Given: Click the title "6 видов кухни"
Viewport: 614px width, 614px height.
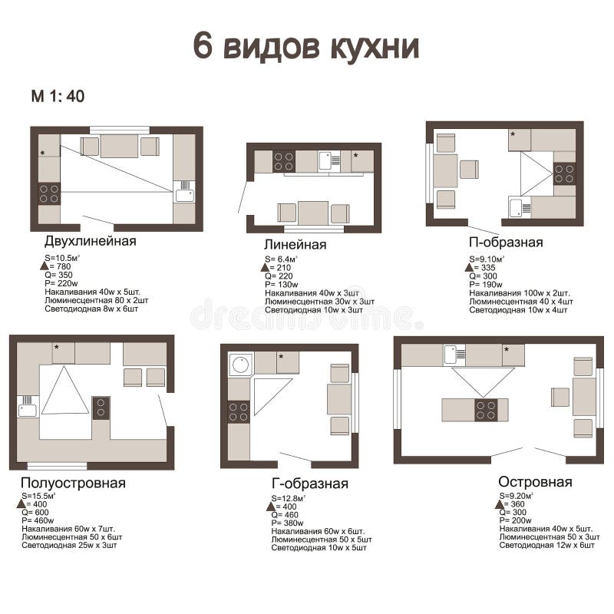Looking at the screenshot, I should pyautogui.click(x=306, y=48).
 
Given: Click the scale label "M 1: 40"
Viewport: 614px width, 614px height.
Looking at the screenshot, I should pyautogui.click(x=58, y=97).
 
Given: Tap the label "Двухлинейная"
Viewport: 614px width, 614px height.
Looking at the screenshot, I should pyautogui.click(x=90, y=241).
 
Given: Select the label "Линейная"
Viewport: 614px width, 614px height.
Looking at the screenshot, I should pyautogui.click(x=295, y=245).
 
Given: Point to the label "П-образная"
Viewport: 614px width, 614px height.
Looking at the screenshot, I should pyautogui.click(x=507, y=243).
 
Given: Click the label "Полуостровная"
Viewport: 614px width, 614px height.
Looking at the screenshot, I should pyautogui.click(x=73, y=483).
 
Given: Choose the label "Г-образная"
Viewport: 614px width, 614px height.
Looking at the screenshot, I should pyautogui.click(x=310, y=484).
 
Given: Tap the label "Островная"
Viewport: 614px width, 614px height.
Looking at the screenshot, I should pyautogui.click(x=535, y=482).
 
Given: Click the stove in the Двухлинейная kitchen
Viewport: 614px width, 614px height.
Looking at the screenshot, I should pyautogui.click(x=50, y=193).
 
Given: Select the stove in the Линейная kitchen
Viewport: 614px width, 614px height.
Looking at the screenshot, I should pyautogui.click(x=283, y=161).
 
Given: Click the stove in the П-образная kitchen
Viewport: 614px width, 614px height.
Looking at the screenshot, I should pyautogui.click(x=564, y=174).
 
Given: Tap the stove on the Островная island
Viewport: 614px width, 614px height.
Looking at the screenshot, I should pyautogui.click(x=486, y=411).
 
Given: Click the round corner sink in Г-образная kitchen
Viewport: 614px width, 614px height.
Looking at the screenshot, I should pyautogui.click(x=240, y=364).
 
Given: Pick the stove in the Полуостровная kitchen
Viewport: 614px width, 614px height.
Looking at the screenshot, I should pyautogui.click(x=101, y=408).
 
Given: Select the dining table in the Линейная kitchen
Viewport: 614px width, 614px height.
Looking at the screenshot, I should pyautogui.click(x=313, y=213).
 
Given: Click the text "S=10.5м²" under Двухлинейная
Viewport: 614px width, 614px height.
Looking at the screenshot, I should pyautogui.click(x=62, y=258).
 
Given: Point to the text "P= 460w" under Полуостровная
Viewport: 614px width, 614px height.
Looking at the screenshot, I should pyautogui.click(x=39, y=520).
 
